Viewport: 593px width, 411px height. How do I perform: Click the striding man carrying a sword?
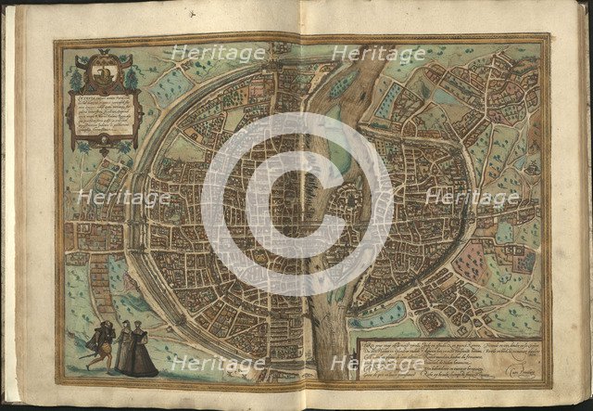tap(98, 343)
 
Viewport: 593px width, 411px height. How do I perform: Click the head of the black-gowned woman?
tap(140, 327)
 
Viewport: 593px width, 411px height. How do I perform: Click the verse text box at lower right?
tap(446, 352)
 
